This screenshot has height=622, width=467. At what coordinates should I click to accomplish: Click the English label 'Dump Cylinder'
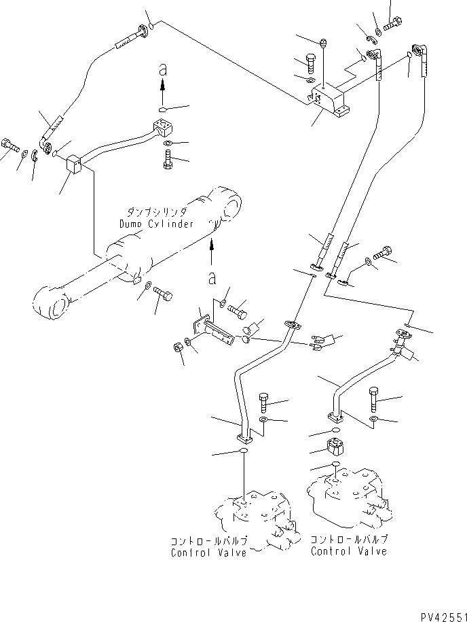point(157,224)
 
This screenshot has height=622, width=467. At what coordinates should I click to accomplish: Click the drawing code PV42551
point(443,617)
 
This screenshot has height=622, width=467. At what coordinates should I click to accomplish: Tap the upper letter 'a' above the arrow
point(162,70)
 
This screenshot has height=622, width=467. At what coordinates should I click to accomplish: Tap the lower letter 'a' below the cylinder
point(212,279)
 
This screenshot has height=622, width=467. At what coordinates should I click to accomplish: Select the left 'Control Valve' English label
point(209,553)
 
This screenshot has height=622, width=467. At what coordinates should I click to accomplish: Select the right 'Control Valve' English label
point(349,551)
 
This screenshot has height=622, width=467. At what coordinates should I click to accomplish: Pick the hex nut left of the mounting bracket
point(178,347)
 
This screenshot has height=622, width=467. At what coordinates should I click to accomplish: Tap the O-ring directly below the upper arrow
point(163,110)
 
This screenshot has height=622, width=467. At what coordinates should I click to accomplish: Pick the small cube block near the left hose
point(74,165)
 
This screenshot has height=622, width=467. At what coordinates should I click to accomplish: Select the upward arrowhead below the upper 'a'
point(162,85)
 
